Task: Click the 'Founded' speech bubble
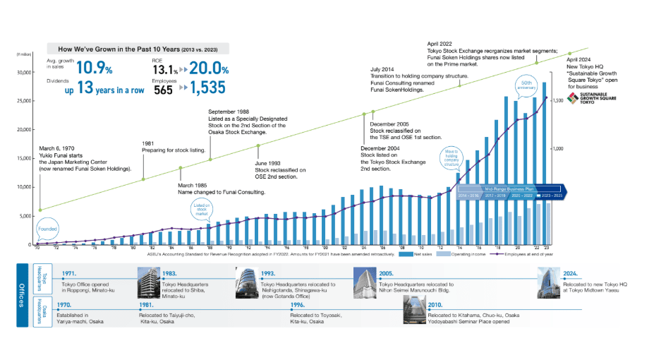pos(47,229)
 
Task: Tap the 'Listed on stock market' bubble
pos(202,208)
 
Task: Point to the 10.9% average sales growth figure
pos(95,68)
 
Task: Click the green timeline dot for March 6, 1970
pos(40,210)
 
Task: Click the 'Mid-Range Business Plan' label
pos(509,188)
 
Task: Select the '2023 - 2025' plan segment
pos(550,196)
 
